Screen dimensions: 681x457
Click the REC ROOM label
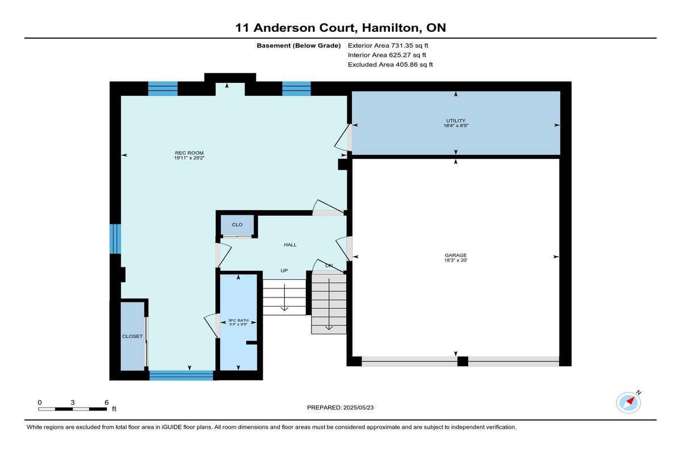tap(189, 153)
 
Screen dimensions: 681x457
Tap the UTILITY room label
tap(456, 121)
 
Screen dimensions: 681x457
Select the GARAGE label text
tap(455, 255)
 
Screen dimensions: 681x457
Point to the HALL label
tap(290, 245)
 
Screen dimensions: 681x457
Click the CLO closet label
tap(237, 225)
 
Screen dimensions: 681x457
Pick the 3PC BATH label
tap(238, 321)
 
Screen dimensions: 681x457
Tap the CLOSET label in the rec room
tap(132, 336)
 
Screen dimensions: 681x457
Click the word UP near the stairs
tap(284, 271)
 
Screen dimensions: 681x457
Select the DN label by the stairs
tap(329, 266)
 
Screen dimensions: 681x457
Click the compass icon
tap(628, 403)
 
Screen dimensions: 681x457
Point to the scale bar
tap(73, 409)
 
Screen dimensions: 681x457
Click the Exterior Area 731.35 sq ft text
tap(388, 45)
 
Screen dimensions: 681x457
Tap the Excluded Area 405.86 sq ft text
tap(390, 65)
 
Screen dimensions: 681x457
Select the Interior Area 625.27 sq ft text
tap(387, 55)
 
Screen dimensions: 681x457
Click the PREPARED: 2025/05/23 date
tap(340, 408)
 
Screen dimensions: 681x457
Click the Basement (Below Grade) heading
tap(299, 45)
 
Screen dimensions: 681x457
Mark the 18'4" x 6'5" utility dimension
tap(456, 125)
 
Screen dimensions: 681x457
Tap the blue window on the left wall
tap(115, 239)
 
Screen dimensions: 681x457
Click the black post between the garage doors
tap(463, 361)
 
